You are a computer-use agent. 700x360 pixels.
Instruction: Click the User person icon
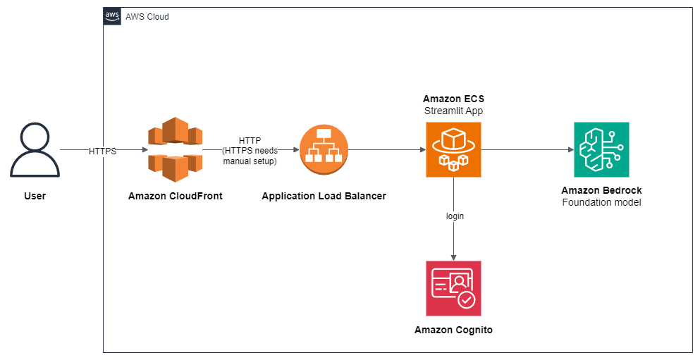pyautogui.click(x=35, y=149)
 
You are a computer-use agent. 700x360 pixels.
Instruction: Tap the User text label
pyautogui.click(x=35, y=196)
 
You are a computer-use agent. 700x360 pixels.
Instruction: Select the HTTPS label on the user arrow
pyautogui.click(x=103, y=151)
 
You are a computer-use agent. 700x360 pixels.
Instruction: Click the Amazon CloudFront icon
pyautogui.click(x=175, y=149)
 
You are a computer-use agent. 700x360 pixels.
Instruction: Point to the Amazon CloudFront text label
pyautogui.click(x=175, y=196)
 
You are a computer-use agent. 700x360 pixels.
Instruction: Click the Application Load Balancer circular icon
pyautogui.click(x=324, y=149)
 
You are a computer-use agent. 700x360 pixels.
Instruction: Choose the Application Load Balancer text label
pyautogui.click(x=324, y=196)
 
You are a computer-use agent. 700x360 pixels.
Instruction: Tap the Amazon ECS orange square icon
pyautogui.click(x=453, y=149)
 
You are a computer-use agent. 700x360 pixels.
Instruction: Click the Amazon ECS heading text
pyautogui.click(x=453, y=99)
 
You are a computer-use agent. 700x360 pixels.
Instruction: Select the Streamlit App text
pyautogui.click(x=453, y=111)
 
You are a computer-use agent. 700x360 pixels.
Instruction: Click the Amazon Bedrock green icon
pyautogui.click(x=601, y=149)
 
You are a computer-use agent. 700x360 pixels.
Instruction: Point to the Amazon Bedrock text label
pyautogui.click(x=601, y=190)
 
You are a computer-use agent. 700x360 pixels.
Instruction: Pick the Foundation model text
pyautogui.click(x=601, y=203)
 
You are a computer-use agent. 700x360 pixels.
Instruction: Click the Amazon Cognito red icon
pyautogui.click(x=453, y=288)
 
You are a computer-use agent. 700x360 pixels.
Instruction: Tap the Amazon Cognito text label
pyautogui.click(x=453, y=330)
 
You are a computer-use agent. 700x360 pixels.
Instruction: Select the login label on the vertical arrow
pyautogui.click(x=455, y=216)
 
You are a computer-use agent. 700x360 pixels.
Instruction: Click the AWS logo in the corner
pyautogui.click(x=112, y=16)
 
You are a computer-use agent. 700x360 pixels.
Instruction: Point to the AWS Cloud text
pyautogui.click(x=147, y=17)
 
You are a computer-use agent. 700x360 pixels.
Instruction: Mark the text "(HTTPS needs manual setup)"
pyautogui.click(x=250, y=156)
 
